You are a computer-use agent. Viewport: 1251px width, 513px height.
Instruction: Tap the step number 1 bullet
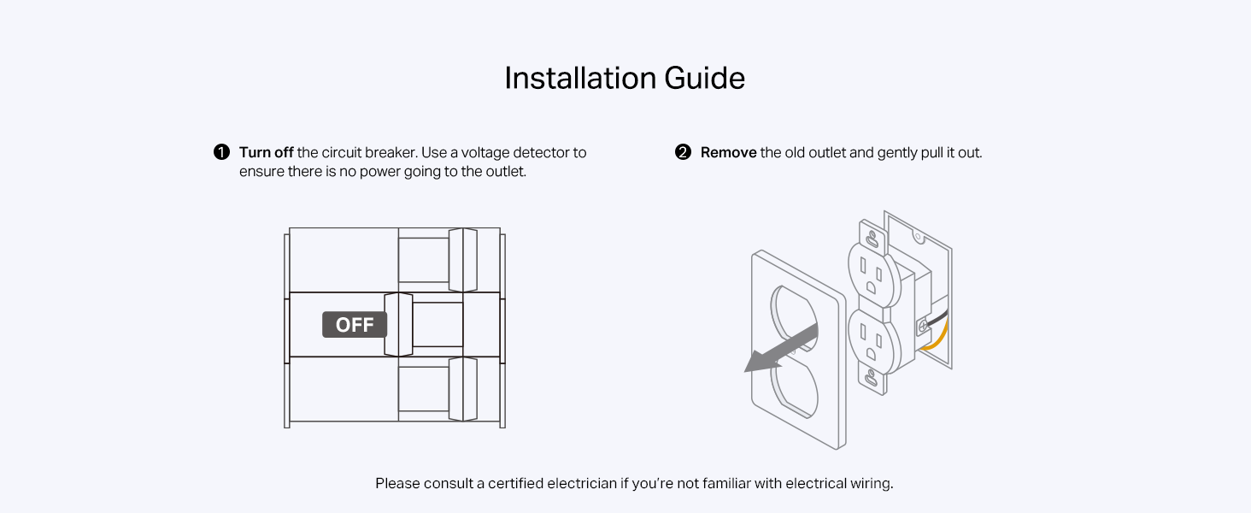click(x=221, y=152)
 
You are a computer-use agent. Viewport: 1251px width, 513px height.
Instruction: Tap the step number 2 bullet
click(x=683, y=152)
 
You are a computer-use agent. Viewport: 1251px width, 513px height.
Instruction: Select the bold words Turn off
click(x=266, y=152)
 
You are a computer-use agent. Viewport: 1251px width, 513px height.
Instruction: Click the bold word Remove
click(x=728, y=152)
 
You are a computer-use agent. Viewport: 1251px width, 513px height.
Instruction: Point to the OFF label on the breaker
click(x=355, y=325)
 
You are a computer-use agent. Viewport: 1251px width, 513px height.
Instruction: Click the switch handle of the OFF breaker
click(x=398, y=325)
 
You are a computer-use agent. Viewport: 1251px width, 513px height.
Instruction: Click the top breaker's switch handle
click(x=462, y=260)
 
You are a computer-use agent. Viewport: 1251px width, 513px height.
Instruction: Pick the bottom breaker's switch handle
click(x=462, y=389)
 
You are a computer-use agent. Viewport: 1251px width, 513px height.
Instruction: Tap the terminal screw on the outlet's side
click(x=923, y=326)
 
